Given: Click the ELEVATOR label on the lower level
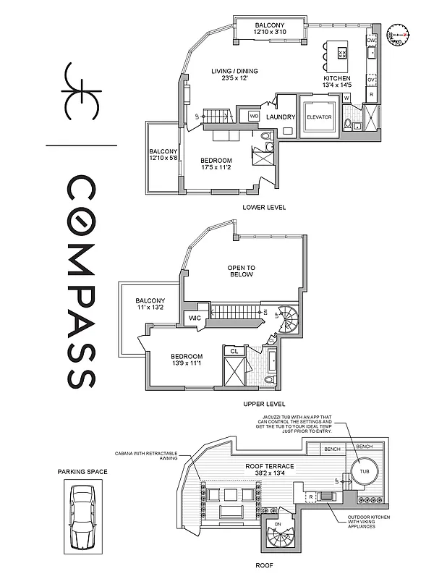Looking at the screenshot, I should [x=319, y=117].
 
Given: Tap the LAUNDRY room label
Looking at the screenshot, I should [x=278, y=117].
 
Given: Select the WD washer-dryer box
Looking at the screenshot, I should [x=254, y=116].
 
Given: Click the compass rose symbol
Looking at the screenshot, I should [x=398, y=34].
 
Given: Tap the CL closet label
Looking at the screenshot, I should [x=234, y=351].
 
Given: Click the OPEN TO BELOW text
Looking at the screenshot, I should [x=241, y=270].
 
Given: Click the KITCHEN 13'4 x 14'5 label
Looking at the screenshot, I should [x=336, y=82].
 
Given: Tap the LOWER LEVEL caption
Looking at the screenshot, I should [x=264, y=207].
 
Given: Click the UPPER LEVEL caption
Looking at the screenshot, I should [x=264, y=404].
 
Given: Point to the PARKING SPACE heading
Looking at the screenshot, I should [x=82, y=472].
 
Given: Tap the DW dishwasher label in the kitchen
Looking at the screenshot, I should [x=370, y=41].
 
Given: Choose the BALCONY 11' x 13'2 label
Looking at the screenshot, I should [x=150, y=305].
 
